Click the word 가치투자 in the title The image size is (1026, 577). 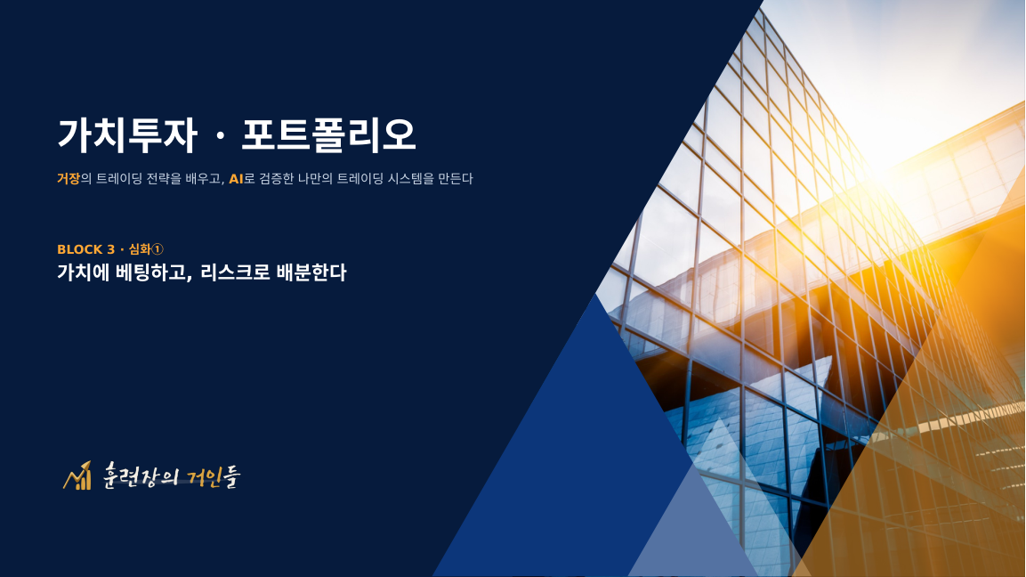[127, 135]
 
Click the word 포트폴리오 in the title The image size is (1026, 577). [328, 135]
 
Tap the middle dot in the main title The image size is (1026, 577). [220, 137]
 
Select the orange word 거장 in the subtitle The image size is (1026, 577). [68, 178]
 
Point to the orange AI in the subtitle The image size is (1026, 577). [236, 179]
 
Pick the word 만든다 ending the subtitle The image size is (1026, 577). [456, 178]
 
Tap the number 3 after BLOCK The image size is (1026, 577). [110, 249]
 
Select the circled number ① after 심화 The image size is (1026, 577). [157, 249]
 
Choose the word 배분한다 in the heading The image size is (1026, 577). [311, 272]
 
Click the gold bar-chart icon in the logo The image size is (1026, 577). [77, 476]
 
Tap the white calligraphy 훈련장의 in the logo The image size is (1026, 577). [140, 475]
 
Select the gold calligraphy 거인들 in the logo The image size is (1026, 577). [214, 476]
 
